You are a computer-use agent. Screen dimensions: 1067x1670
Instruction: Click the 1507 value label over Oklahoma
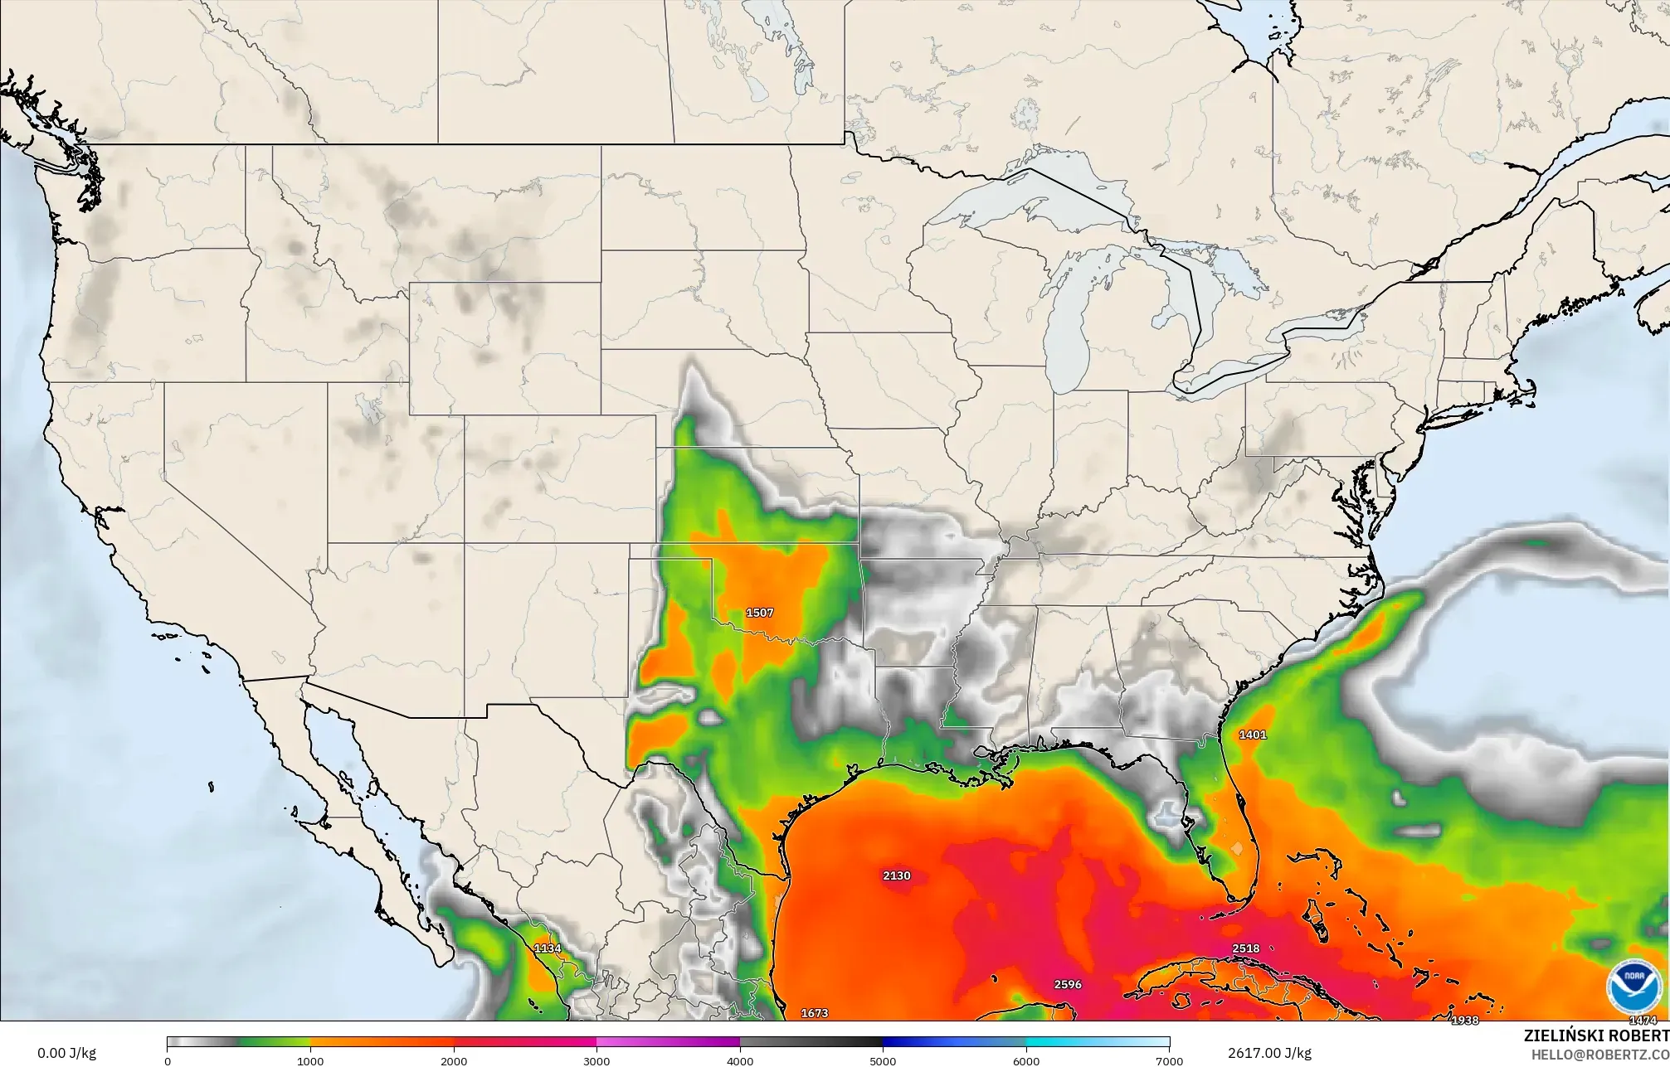760,613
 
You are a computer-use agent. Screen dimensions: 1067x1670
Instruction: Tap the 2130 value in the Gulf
897,875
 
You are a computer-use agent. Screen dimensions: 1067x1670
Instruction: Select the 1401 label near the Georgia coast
1253,735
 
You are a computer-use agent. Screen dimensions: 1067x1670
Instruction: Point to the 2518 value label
1246,948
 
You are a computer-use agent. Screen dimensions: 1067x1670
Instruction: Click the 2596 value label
1068,985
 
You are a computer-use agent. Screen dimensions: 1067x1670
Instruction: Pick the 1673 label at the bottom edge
815,1013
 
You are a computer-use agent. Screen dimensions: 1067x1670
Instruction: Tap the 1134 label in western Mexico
548,948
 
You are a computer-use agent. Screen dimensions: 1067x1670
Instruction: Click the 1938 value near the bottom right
1464,1021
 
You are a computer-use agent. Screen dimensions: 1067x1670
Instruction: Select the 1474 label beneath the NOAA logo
1643,1021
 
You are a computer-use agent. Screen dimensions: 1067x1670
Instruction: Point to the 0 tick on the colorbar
168,1061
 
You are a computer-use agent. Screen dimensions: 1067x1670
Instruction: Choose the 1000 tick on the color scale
310,1061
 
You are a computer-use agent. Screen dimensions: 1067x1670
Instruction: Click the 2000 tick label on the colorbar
454,1061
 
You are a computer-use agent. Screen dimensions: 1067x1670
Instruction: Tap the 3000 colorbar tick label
596,1061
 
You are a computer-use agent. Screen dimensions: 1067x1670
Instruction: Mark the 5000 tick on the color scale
883,1061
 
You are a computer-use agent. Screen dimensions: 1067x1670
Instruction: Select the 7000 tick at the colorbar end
1169,1061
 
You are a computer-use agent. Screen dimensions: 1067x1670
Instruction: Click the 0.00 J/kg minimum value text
66,1054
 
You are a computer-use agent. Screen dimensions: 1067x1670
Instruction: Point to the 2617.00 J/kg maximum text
1269,1054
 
